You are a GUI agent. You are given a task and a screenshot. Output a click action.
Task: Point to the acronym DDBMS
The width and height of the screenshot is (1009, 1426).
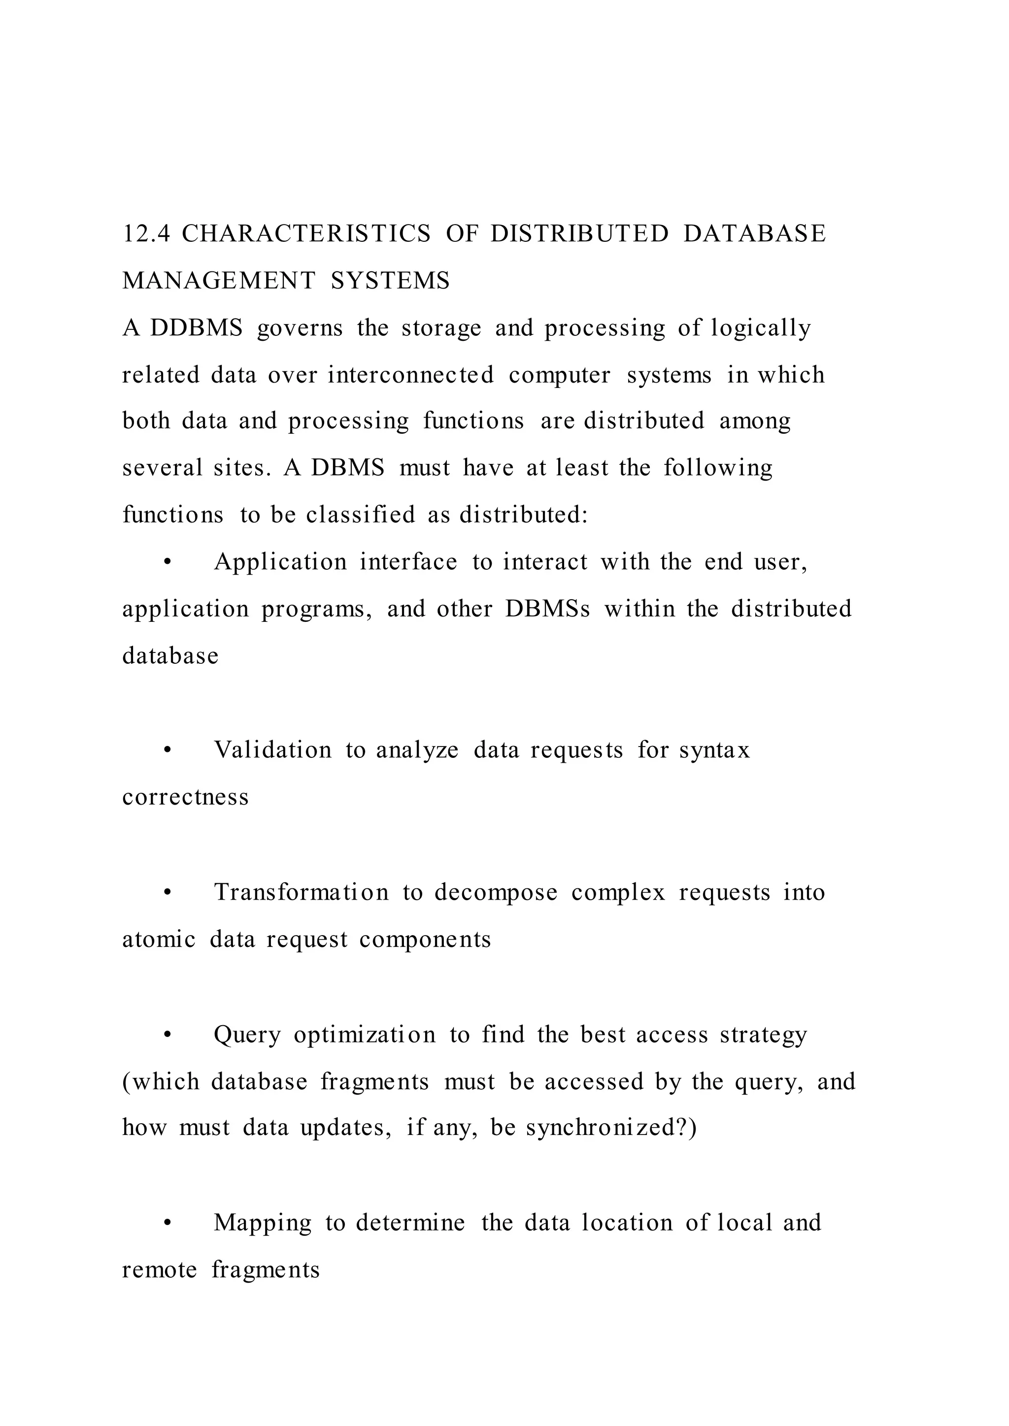pyautogui.click(x=197, y=328)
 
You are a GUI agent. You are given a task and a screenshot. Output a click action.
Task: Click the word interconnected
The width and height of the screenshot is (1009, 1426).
pyautogui.click(x=411, y=375)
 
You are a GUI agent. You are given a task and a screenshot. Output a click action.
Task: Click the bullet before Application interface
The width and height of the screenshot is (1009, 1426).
pyautogui.click(x=167, y=563)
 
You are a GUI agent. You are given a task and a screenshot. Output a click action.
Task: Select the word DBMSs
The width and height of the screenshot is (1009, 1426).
pyautogui.click(x=547, y=609)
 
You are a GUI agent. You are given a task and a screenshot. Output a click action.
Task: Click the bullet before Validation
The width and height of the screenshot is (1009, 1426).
pyautogui.click(x=167, y=751)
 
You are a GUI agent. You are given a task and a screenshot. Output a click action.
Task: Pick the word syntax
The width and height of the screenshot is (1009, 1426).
pyautogui.click(x=714, y=751)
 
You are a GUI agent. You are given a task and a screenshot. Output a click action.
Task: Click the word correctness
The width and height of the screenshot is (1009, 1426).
pyautogui.click(x=185, y=798)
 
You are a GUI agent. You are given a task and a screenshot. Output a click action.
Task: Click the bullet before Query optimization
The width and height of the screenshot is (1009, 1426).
pyautogui.click(x=167, y=1036)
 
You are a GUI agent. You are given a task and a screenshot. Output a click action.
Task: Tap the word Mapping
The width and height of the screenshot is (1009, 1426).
pyautogui.click(x=262, y=1223)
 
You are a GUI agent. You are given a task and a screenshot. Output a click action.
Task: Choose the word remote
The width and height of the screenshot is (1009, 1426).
pyautogui.click(x=159, y=1269)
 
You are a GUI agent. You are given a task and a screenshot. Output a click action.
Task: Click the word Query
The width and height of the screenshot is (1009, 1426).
pyautogui.click(x=247, y=1036)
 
